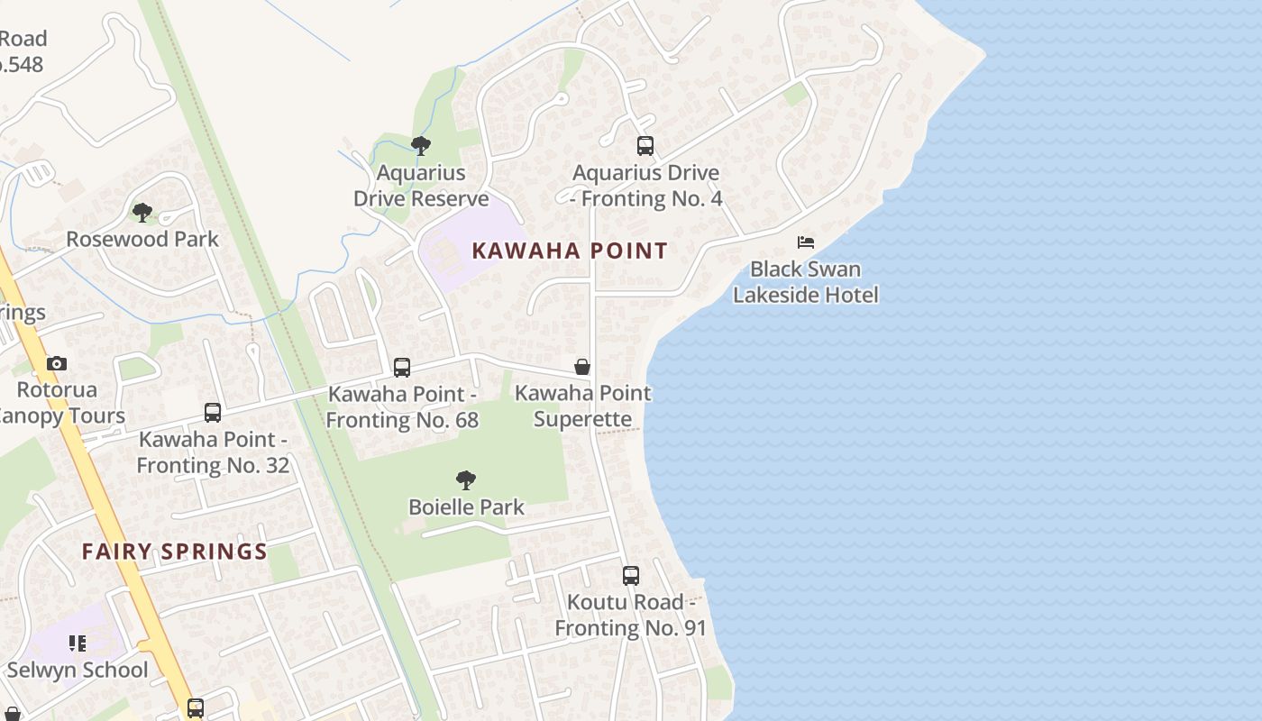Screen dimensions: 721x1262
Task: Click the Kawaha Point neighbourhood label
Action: pos(570,251)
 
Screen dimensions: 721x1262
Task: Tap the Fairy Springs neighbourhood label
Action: pos(175,552)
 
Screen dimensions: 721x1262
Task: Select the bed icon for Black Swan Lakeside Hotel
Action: pos(806,242)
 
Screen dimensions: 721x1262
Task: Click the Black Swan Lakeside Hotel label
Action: pos(806,282)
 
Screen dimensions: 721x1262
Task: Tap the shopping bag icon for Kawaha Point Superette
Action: pos(582,367)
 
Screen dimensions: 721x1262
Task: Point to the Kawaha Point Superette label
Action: pos(582,406)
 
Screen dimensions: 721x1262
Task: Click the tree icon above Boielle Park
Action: pos(466,480)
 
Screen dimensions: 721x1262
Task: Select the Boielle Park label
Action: pos(466,507)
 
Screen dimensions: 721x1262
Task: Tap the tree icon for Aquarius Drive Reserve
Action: pos(420,146)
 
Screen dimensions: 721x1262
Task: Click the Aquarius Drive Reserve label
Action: pos(421,186)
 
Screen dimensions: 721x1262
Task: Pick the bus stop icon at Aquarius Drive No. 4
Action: pos(645,146)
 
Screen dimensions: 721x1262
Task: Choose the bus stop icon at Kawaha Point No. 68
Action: pos(402,368)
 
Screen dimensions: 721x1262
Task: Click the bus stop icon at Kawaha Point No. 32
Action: pos(213,413)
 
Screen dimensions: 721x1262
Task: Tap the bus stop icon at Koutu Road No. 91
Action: pos(631,576)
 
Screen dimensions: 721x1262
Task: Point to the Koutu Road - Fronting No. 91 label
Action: pos(630,615)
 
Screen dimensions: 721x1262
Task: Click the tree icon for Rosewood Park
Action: pos(142,213)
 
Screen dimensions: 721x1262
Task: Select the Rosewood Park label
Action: pos(142,239)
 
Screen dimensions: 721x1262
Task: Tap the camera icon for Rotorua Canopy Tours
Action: pos(57,364)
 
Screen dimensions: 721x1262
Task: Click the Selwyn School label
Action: pos(78,670)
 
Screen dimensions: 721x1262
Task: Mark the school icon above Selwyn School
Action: pos(78,643)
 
